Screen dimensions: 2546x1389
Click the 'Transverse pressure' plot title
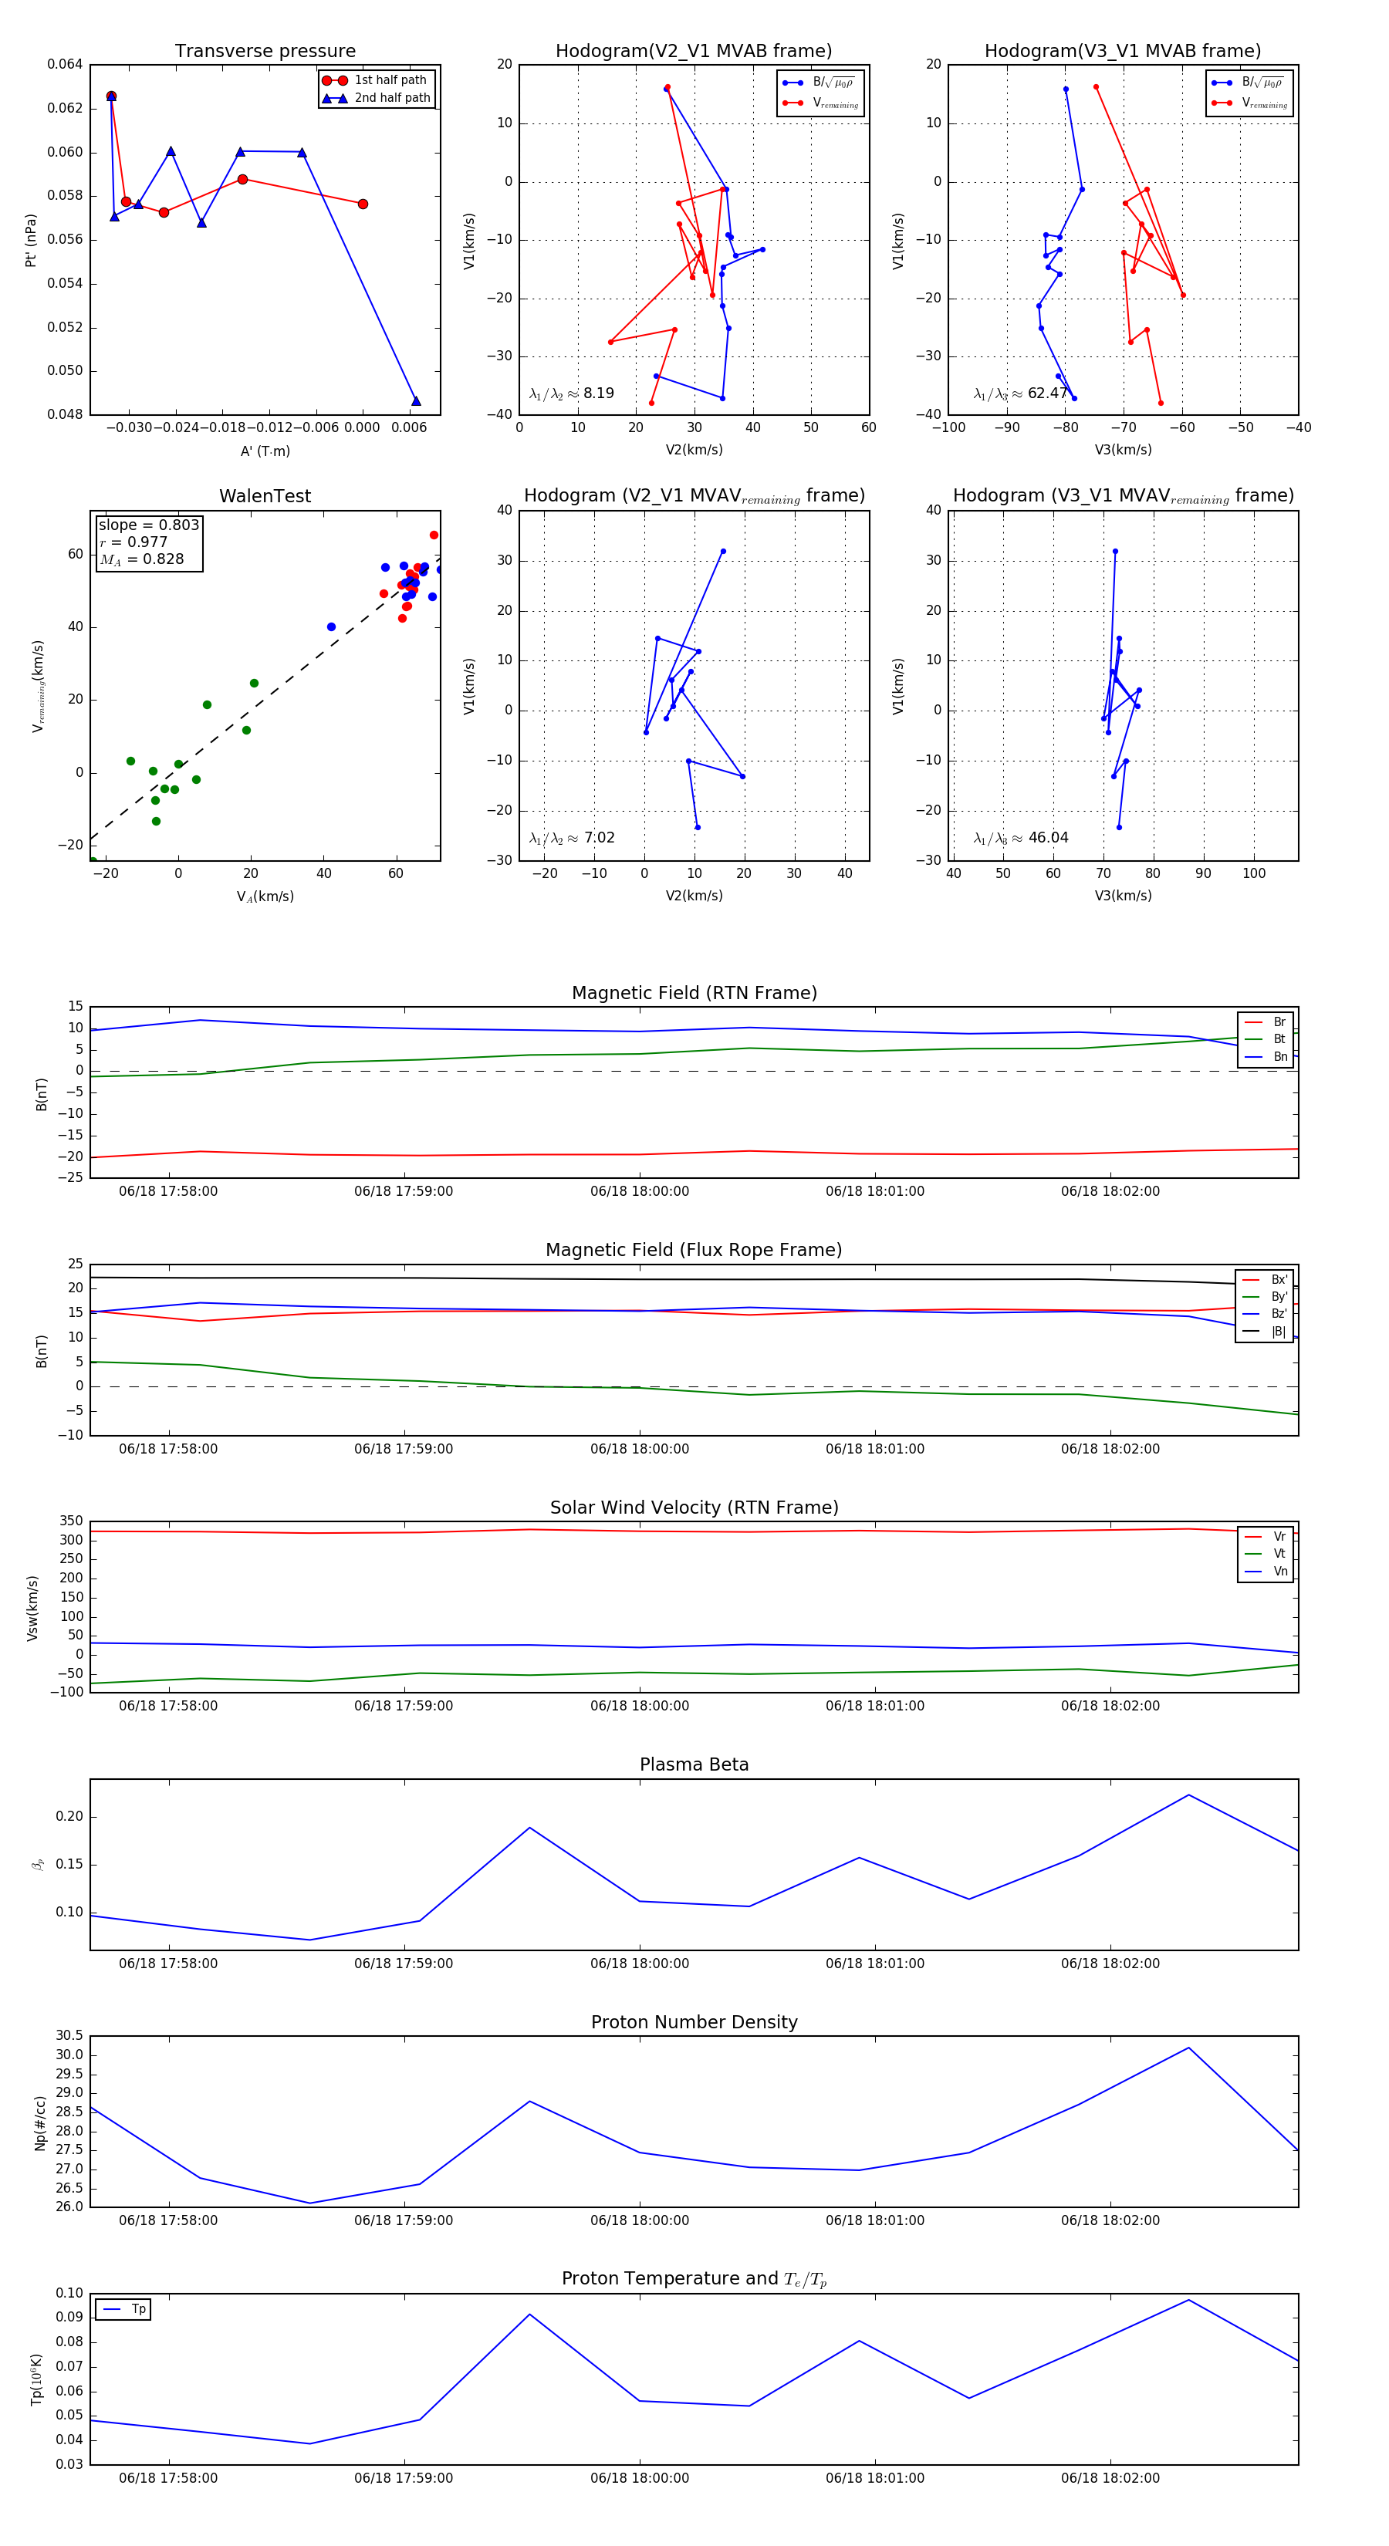pos(265,52)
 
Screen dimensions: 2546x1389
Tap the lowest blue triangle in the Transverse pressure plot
pos(416,400)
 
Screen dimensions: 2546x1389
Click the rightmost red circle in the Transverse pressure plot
pos(363,204)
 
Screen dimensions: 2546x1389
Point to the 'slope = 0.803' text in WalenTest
pos(148,525)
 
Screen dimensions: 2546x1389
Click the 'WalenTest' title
pos(265,496)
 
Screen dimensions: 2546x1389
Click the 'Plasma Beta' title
pos(694,1765)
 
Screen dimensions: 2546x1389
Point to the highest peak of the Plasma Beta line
pos(1188,1795)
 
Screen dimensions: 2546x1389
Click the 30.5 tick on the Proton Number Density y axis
pos(69,2036)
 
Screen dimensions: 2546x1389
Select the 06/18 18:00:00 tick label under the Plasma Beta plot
pos(640,1964)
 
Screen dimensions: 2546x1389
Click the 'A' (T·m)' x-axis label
pos(265,451)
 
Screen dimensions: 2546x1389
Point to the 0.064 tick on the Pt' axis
pos(66,64)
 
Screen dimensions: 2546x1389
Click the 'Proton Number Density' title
pos(694,2022)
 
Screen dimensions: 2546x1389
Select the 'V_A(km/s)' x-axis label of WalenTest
pos(265,897)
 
